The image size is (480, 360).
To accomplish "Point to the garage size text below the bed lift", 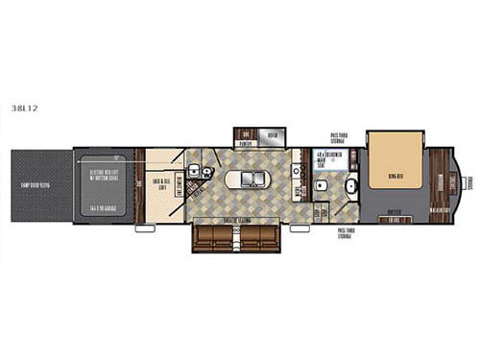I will (x=105, y=207).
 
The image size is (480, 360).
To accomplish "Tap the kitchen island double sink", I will (x=249, y=179).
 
